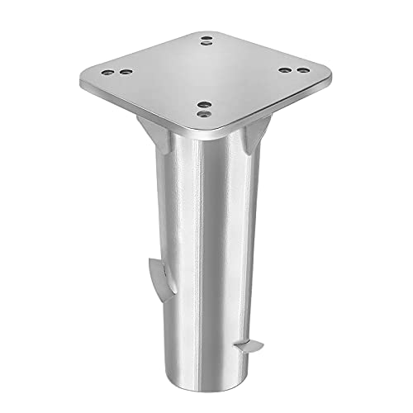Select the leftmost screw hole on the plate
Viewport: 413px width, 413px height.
115,73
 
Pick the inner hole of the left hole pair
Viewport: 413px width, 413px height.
126,73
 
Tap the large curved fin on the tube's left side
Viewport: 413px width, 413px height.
156,272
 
